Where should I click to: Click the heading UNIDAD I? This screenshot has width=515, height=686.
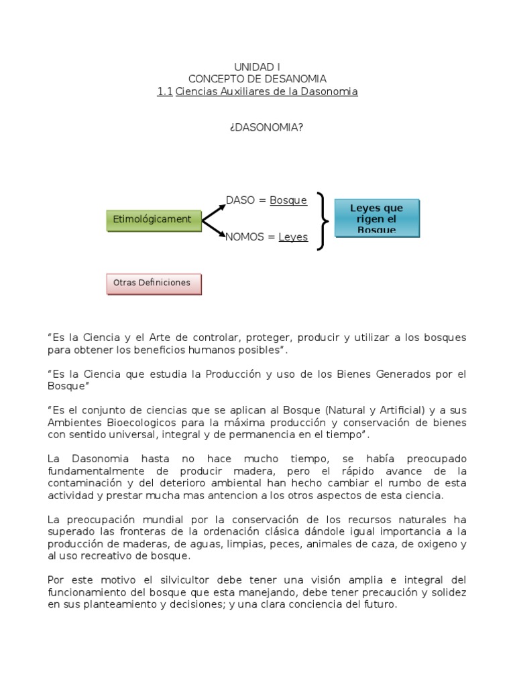tap(257, 67)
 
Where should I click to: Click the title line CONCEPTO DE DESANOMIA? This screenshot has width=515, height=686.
tap(257, 79)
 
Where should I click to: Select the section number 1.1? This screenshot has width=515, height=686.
tap(164, 91)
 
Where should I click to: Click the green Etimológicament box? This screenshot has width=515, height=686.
tap(154, 220)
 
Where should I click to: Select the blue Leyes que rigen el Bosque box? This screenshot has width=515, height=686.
tap(377, 218)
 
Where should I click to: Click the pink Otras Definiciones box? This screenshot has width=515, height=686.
tap(154, 283)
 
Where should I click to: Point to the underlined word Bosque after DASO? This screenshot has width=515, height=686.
tap(288, 200)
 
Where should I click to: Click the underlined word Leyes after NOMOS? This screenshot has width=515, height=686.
tap(293, 236)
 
